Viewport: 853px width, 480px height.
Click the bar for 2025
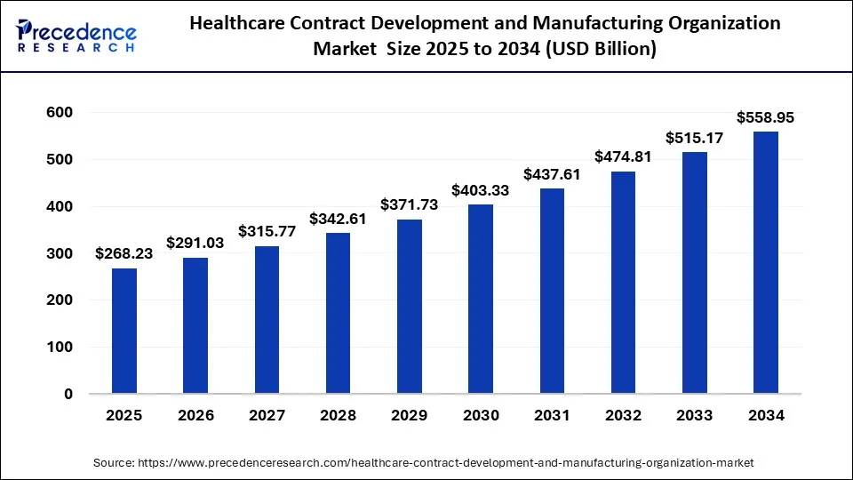coord(124,331)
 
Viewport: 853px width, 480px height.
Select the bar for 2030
coord(481,299)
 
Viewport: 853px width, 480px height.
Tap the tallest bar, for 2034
coord(766,262)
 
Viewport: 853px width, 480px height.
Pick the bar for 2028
coord(338,313)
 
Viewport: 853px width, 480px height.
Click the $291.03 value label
coord(195,243)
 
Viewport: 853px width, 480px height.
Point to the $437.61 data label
coord(552,174)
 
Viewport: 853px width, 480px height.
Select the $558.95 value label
coord(766,117)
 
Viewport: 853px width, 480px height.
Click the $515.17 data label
coord(695,138)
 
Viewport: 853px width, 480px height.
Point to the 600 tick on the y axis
coord(60,113)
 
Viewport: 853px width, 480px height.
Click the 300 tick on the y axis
coord(60,253)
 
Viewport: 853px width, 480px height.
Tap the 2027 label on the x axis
coord(267,415)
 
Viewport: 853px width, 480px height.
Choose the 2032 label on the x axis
coord(623,415)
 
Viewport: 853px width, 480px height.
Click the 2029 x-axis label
coord(409,415)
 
